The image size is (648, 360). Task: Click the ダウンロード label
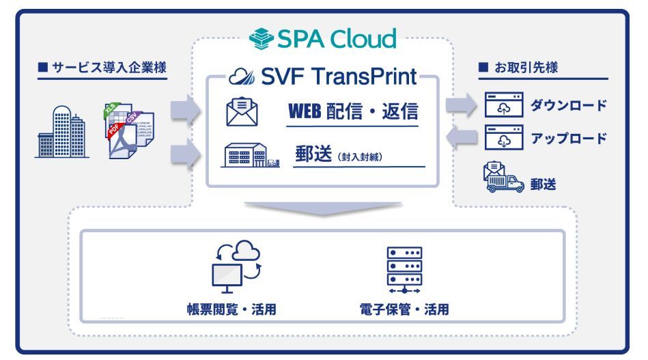tap(569, 106)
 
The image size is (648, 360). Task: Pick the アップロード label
tap(569, 138)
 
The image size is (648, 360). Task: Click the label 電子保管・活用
tap(404, 309)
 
